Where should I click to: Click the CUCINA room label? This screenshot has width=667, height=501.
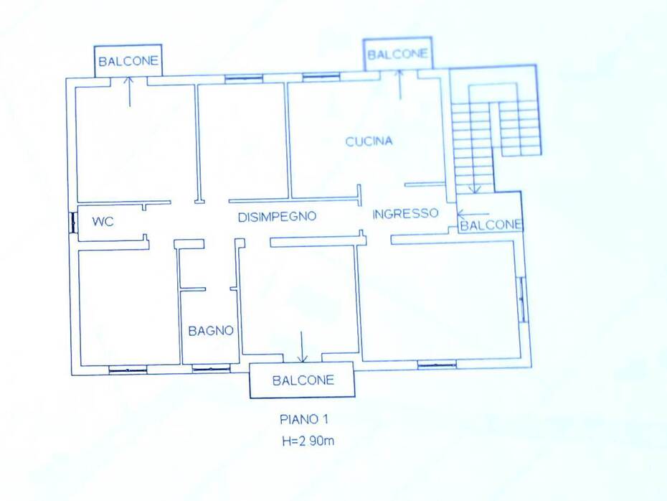point(369,141)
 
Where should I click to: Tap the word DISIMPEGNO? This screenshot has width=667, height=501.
point(277,217)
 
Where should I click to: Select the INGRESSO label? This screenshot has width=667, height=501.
point(405,213)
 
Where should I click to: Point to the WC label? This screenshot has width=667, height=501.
point(103,221)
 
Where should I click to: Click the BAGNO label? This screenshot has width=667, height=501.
point(211,331)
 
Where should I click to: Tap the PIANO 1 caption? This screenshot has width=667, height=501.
point(304,420)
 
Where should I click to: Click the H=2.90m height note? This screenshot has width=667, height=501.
point(308,441)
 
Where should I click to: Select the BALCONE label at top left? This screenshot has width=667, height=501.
point(128,61)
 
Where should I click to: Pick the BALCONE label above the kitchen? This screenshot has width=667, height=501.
point(397,55)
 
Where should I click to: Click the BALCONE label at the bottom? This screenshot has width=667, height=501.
point(303,380)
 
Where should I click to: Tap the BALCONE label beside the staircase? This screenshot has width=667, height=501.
point(491,225)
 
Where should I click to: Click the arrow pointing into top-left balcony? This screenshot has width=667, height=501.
point(129,92)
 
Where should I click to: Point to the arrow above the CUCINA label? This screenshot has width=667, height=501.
point(399,85)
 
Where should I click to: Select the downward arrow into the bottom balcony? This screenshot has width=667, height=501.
point(302,347)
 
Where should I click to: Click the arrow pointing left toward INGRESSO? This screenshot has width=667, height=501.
point(473,214)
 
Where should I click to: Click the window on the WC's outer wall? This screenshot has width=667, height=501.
point(72,223)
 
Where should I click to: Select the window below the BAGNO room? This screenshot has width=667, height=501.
point(211,369)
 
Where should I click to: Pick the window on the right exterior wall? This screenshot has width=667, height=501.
point(522,299)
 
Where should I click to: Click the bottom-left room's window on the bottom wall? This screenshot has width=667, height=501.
point(128,370)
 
